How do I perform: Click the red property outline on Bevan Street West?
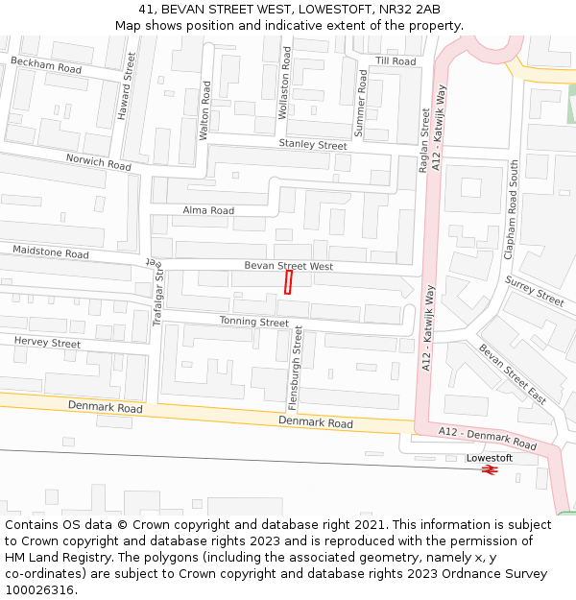[x=288, y=282]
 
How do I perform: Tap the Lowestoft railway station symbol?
[x=490, y=470]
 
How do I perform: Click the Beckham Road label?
[x=46, y=65]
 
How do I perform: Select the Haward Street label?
[x=125, y=87]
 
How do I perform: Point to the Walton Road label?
[x=204, y=111]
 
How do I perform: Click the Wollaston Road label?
[x=284, y=84]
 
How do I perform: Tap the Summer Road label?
[x=362, y=103]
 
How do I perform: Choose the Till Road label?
[x=396, y=61]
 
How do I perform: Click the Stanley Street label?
[x=313, y=145]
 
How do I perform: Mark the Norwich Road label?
[x=98, y=162]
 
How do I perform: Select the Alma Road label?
[x=208, y=210]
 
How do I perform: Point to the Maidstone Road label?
[x=50, y=252]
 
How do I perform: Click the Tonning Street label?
[x=253, y=323]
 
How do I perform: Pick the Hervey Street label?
[x=47, y=343]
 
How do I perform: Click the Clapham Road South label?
[x=514, y=209]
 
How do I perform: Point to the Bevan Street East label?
[x=512, y=373]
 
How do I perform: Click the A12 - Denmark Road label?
[x=487, y=438]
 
